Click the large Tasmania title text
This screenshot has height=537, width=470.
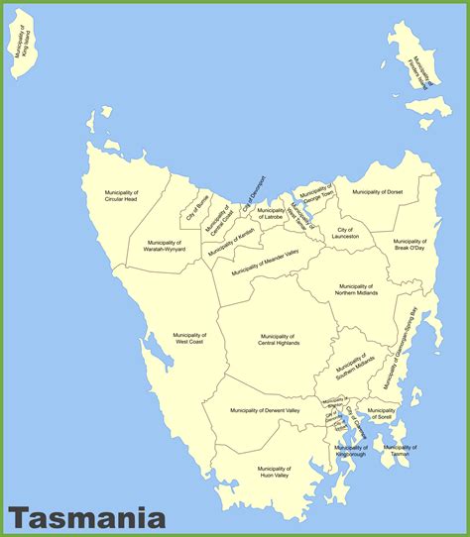pos(87,516)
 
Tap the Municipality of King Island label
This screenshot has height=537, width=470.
pos(22,53)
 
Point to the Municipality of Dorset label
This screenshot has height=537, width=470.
pos(378,192)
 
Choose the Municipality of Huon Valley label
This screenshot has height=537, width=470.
pos(273,471)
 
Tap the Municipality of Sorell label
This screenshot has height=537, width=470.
pos(381,414)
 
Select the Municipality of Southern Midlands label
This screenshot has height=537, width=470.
pos(354,368)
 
